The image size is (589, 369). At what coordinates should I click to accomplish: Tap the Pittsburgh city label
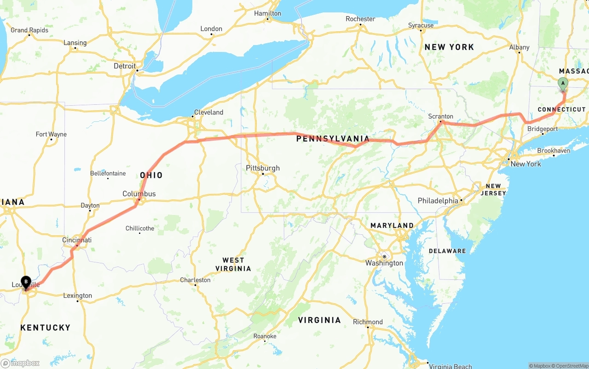263,168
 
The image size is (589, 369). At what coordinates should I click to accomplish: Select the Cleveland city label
208,112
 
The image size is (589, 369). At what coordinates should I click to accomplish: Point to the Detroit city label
125,66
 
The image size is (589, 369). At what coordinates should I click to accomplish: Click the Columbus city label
139,194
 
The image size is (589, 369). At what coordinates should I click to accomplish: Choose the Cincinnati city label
77,240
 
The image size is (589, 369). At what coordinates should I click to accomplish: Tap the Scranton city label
440,116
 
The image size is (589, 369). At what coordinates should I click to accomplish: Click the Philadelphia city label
438,201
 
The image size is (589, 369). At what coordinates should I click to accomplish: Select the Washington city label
384,263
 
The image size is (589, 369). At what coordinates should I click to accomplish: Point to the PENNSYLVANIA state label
333,139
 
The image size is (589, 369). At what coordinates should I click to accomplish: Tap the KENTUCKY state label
45,328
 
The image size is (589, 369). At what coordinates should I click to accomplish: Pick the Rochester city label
360,19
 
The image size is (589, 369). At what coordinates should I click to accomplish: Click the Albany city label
519,47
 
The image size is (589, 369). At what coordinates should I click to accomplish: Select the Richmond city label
368,322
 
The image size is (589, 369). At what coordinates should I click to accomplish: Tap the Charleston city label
195,280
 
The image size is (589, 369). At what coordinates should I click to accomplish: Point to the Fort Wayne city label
51,134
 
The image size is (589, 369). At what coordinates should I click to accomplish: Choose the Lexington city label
77,295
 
